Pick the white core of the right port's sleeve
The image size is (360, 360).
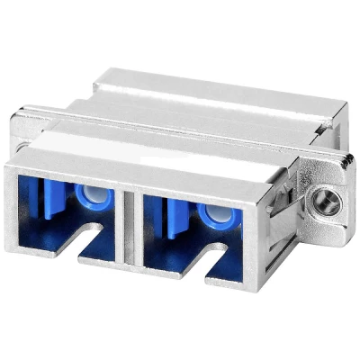(x=214, y=212)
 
